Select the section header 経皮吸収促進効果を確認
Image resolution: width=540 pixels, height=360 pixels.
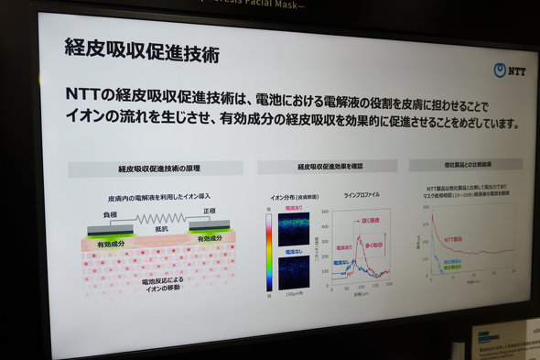tap(329, 167)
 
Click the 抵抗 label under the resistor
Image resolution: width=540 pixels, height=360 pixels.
tap(160, 230)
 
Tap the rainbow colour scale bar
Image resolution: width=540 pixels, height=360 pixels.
tap(268, 252)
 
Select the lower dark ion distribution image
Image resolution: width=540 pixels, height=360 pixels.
tap(294, 272)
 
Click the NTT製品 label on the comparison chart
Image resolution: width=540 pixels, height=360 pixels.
tap(454, 238)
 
